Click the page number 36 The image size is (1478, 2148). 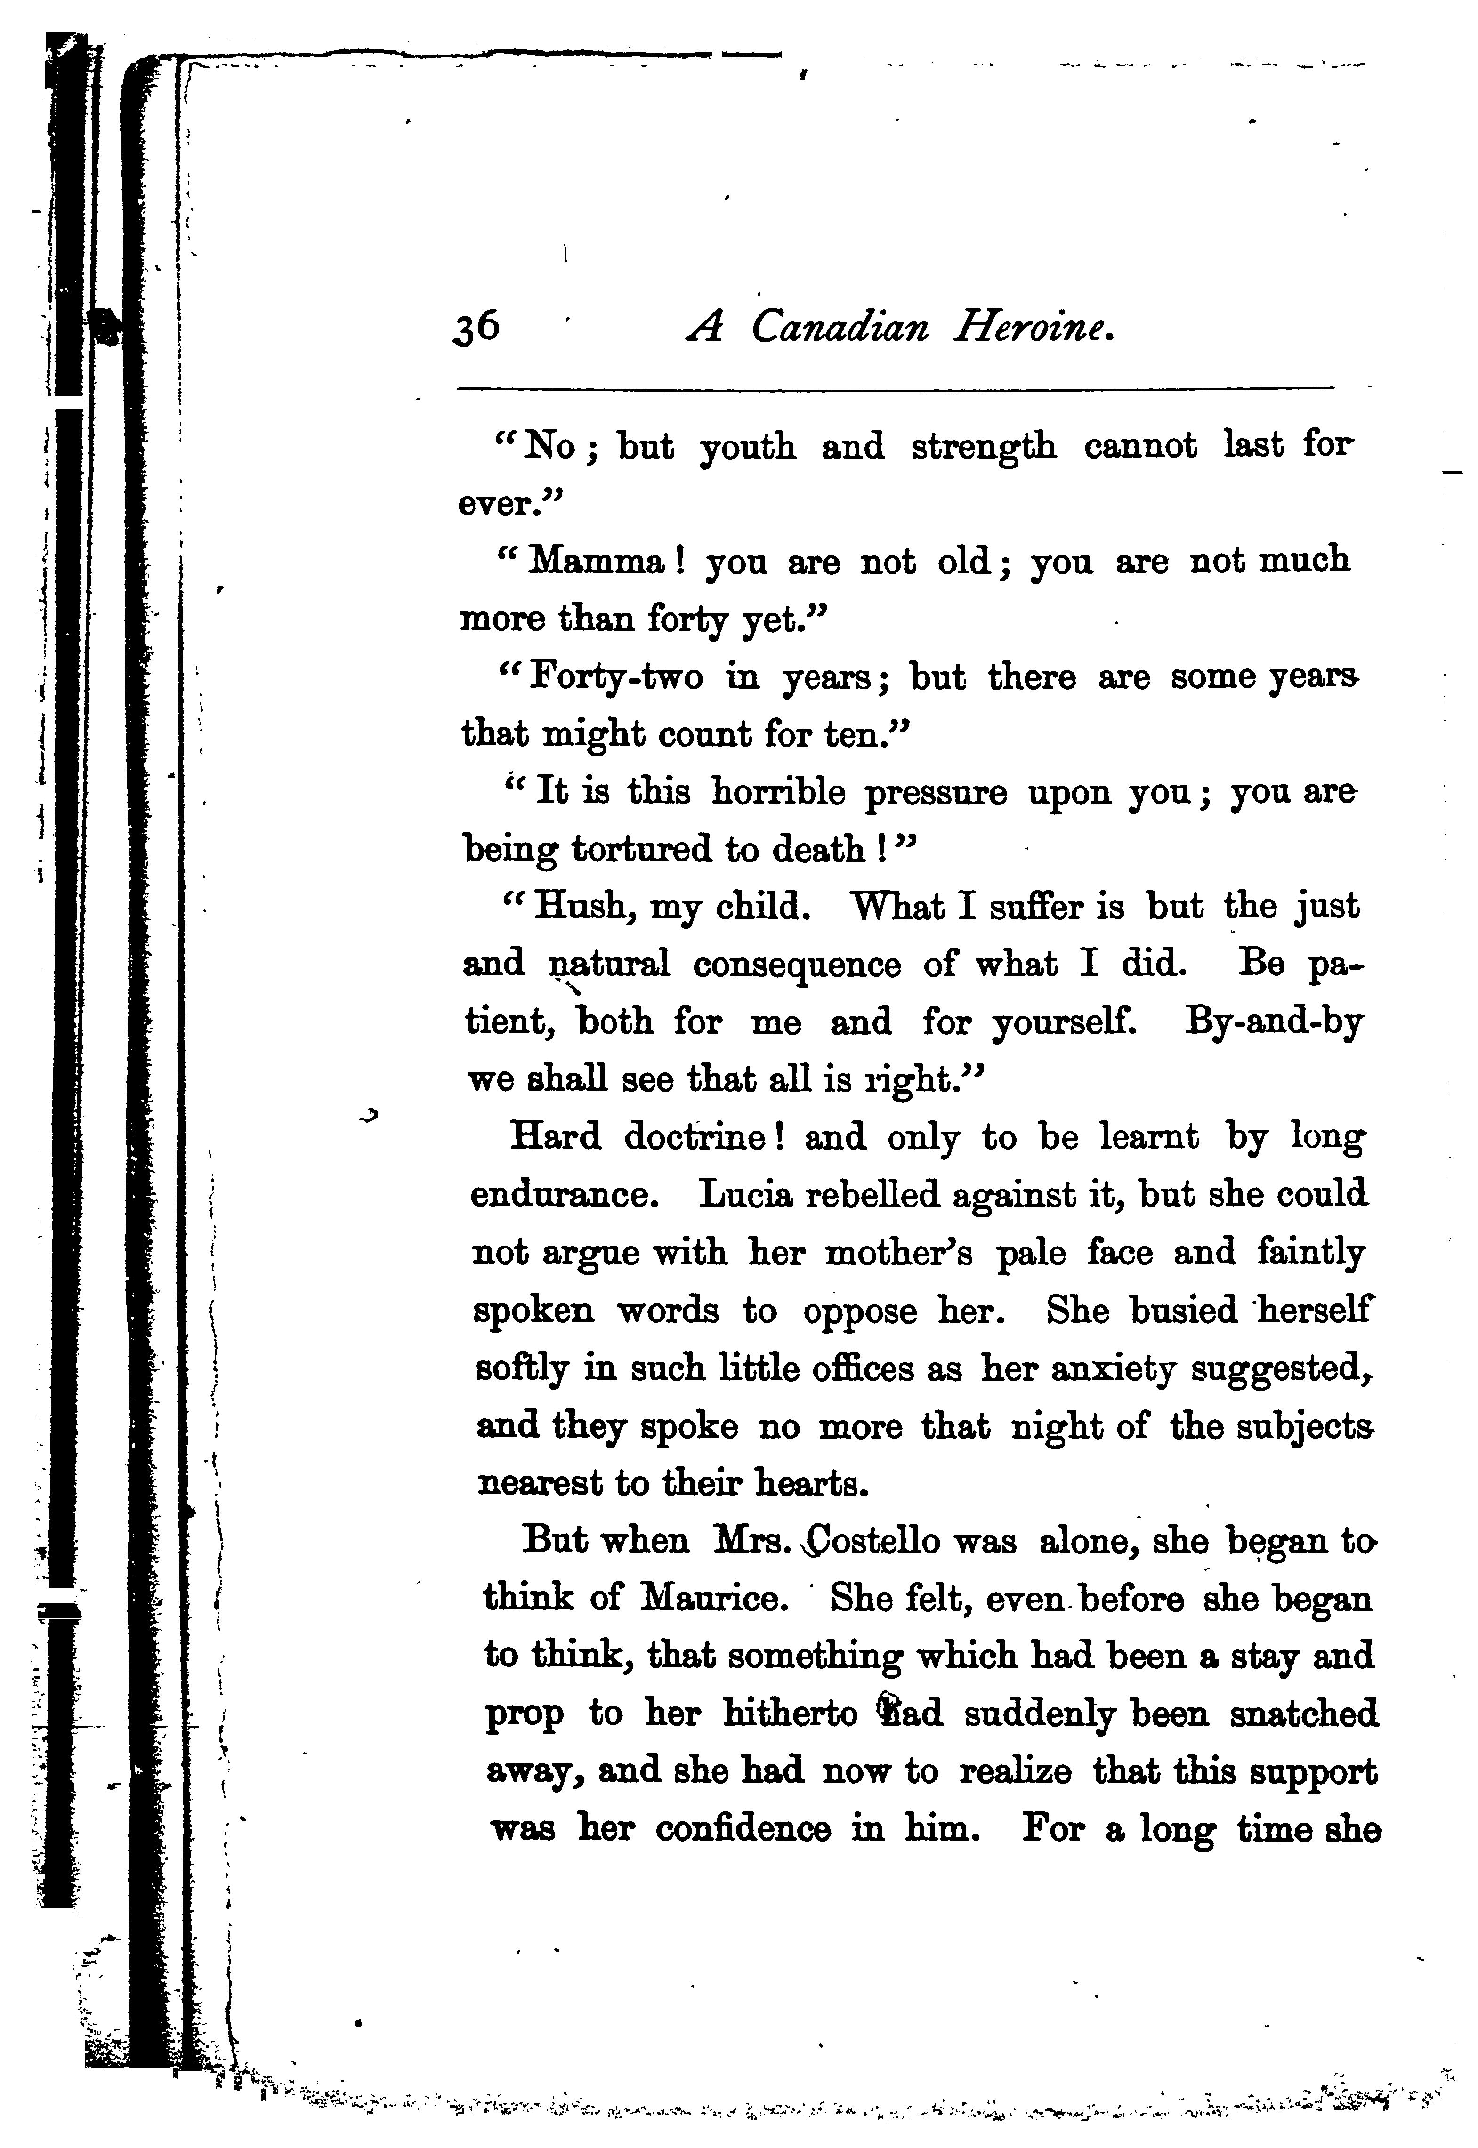[x=477, y=328]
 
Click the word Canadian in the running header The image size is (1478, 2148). [x=839, y=328]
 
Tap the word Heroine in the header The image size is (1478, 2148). [x=1033, y=328]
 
